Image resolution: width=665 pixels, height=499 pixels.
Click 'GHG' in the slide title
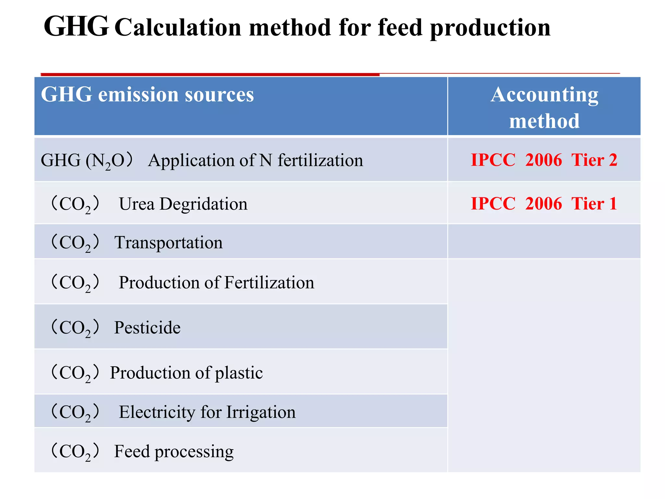pyautogui.click(x=76, y=27)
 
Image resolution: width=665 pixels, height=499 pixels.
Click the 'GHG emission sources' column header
pyautogui.click(x=147, y=95)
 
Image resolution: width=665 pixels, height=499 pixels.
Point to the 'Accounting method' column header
pyautogui.click(x=544, y=107)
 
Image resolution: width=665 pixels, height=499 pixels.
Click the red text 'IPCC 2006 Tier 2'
pyautogui.click(x=544, y=160)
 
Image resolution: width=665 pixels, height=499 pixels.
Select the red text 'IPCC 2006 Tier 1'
pyautogui.click(x=544, y=204)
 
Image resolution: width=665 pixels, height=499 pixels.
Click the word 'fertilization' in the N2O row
pyautogui.click(x=320, y=160)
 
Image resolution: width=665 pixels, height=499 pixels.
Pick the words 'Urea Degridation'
pyautogui.click(x=183, y=204)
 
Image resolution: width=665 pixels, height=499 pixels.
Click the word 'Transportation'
pyautogui.click(x=169, y=243)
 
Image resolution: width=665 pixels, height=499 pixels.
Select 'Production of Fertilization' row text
pyautogui.click(x=216, y=282)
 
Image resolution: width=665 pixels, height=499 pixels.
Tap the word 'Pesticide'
pyautogui.click(x=147, y=327)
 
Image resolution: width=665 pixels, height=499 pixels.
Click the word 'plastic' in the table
pyautogui.click(x=239, y=373)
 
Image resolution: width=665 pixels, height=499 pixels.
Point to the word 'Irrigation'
pyautogui.click(x=261, y=412)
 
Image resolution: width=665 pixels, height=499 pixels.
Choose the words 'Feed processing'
pyautogui.click(x=174, y=452)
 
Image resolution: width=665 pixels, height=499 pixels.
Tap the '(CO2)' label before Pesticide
pyautogui.click(x=75, y=327)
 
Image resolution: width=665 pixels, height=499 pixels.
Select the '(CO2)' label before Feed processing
pyautogui.click(x=75, y=452)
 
